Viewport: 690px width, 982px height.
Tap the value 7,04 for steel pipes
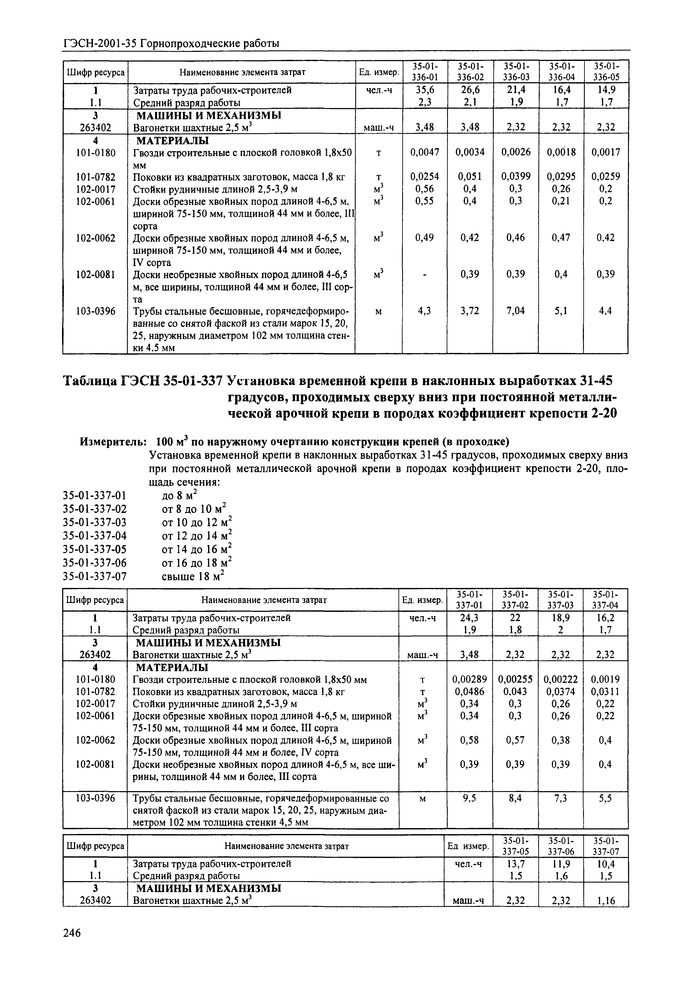coord(515,311)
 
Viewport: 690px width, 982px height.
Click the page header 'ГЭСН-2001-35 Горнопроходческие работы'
coord(171,43)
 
